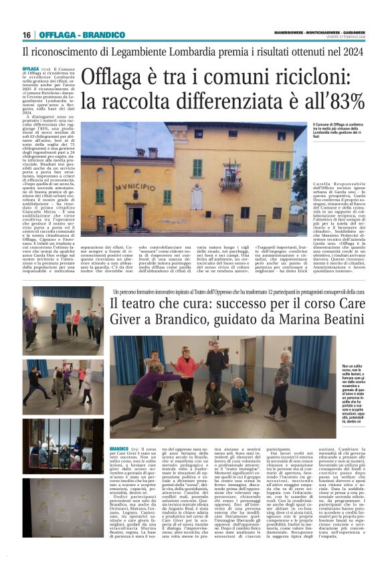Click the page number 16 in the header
[x=27, y=35]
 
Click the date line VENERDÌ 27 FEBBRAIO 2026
[x=341, y=37]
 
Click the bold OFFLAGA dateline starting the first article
[x=31, y=69]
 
